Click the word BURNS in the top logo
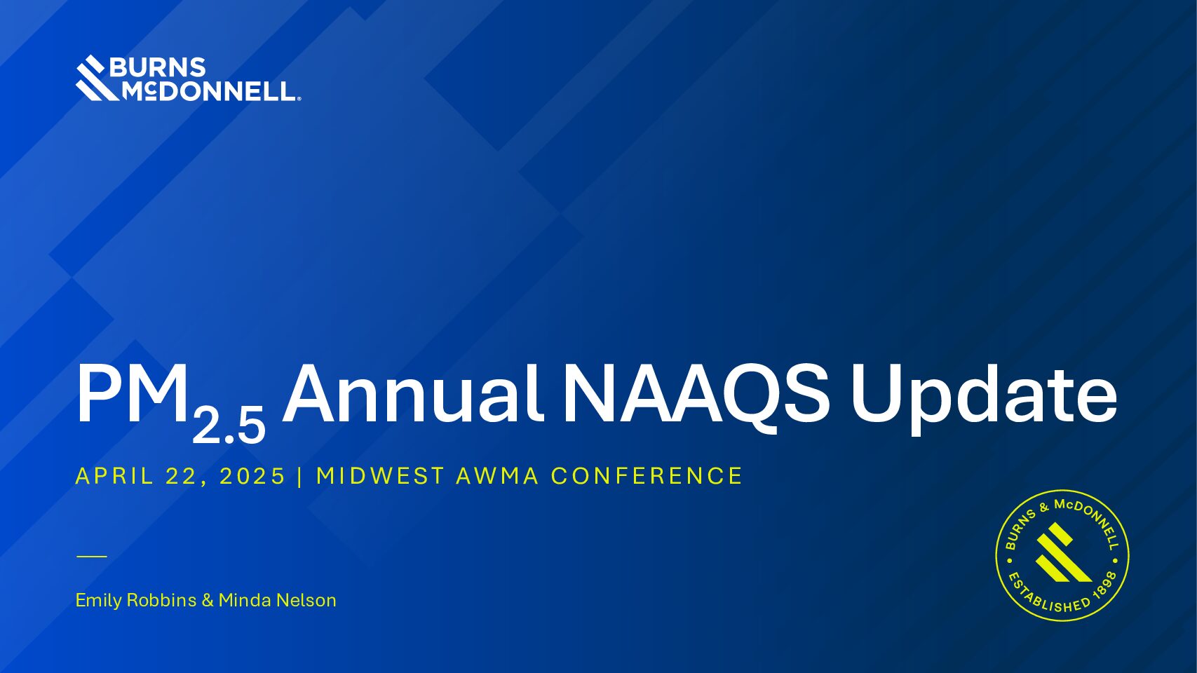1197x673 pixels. coord(158,67)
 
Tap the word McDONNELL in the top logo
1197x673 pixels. coord(209,91)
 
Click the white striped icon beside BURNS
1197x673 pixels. coord(96,78)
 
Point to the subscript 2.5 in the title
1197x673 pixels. coord(229,425)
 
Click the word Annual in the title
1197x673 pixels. coord(413,394)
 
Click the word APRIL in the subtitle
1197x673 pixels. coord(114,476)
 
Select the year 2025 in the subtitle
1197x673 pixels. coord(252,476)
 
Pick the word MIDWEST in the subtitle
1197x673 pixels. coord(380,476)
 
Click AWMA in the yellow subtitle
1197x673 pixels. coord(497,476)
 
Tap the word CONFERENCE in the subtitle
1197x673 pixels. coord(647,476)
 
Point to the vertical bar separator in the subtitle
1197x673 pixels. coord(300,476)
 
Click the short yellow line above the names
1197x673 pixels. coord(92,556)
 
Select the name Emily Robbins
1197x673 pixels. coord(136,600)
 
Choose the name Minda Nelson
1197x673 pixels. coord(278,600)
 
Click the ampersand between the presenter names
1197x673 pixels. coord(208,600)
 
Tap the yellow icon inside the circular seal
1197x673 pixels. coord(1062,553)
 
